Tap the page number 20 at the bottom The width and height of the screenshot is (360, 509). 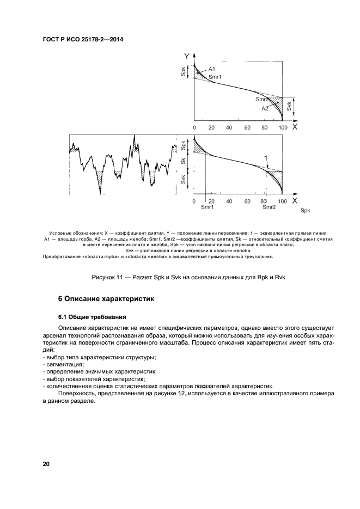point(46,464)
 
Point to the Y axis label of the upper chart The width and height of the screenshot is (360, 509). point(187,56)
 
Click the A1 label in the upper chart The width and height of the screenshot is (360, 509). point(212,69)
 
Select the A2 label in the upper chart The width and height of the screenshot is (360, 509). point(265,108)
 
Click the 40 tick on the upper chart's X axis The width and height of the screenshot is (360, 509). point(229,127)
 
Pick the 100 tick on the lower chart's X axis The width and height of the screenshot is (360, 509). point(282,201)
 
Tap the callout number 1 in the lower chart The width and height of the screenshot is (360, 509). point(266,158)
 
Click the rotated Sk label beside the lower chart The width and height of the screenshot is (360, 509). point(184,161)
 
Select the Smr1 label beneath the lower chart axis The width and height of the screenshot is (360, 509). point(207,207)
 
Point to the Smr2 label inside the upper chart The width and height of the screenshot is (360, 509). point(263,100)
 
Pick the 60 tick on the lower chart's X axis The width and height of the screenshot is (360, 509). point(247,201)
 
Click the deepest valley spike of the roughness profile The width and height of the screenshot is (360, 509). point(100,192)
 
